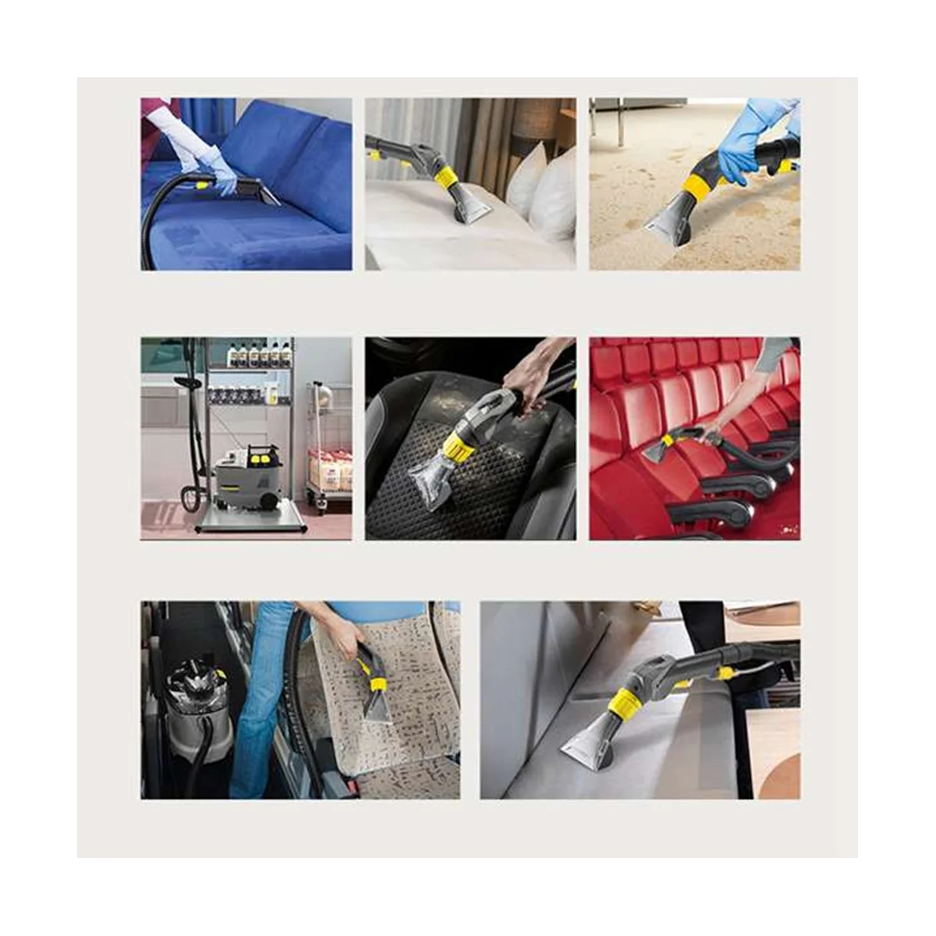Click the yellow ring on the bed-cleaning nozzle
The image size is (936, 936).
[x=446, y=179]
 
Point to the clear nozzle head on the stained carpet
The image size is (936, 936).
[x=670, y=220]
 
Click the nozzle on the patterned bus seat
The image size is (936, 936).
[x=376, y=698]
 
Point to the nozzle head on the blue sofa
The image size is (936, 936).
[x=257, y=190]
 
